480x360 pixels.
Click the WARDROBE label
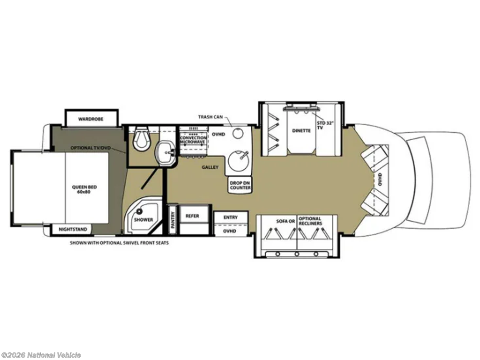pyautogui.click(x=90, y=119)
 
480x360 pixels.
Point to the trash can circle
pyautogui.click(x=237, y=134)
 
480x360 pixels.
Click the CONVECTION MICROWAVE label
pyautogui.click(x=193, y=140)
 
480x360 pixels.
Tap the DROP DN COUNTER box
pyautogui.click(x=240, y=185)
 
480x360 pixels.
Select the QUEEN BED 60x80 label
pyautogui.click(x=84, y=189)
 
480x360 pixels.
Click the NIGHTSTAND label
pyautogui.click(x=73, y=229)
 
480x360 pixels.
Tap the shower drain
pyautogui.click(x=140, y=211)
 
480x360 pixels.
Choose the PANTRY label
pyautogui.click(x=173, y=220)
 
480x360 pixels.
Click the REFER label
pyautogui.click(x=192, y=216)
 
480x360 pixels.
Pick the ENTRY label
pyautogui.click(x=231, y=217)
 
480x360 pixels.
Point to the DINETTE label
pyautogui.click(x=301, y=130)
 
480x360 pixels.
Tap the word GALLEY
pyautogui.click(x=210, y=167)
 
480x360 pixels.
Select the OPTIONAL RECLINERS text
pyautogui.click(x=310, y=221)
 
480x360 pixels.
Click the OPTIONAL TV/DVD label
pyautogui.click(x=91, y=148)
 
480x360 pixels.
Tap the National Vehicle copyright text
pyautogui.click(x=40, y=355)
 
